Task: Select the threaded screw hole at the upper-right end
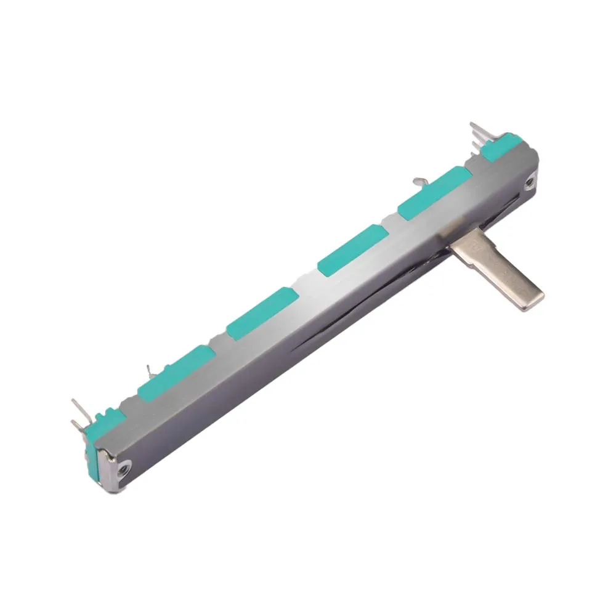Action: coord(529,182)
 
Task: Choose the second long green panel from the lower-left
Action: coord(262,313)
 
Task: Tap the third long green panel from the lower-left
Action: coord(352,249)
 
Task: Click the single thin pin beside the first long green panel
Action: coord(148,371)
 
